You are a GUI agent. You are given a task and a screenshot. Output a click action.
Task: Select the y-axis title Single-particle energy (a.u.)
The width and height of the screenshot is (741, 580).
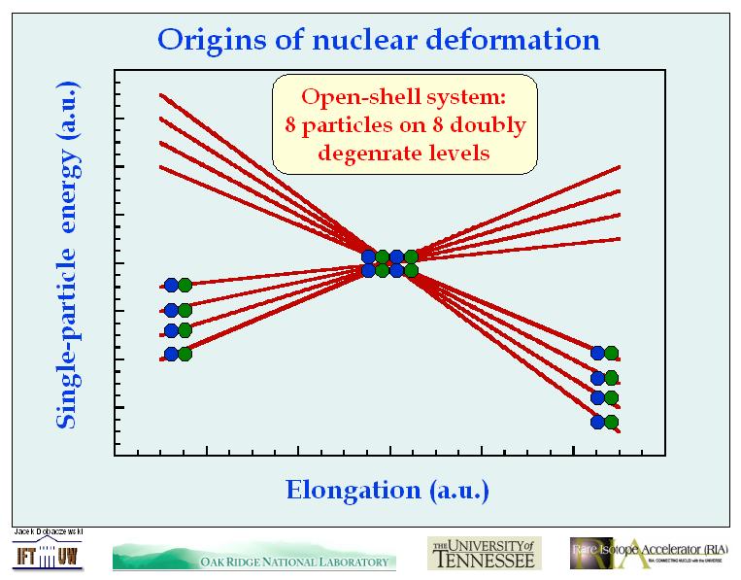(66, 255)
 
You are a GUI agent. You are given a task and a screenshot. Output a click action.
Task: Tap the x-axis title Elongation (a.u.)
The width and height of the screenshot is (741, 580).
(387, 489)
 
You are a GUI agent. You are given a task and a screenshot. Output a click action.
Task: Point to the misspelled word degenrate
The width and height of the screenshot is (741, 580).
(370, 152)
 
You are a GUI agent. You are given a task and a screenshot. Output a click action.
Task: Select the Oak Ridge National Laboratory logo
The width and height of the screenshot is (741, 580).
(254, 558)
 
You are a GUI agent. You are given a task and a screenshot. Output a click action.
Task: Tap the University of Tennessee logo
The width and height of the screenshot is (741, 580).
(484, 553)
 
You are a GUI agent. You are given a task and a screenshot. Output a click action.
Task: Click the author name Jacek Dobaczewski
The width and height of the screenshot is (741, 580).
(50, 532)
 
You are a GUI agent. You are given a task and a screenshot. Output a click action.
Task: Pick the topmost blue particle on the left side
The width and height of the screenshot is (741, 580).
(171, 285)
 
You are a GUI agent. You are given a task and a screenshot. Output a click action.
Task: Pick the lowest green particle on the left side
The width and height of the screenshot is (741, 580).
(185, 354)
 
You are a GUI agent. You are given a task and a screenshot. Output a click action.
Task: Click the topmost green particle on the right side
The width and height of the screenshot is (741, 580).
(612, 354)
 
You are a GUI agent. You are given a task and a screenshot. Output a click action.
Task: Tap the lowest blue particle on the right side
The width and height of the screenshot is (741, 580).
(597, 422)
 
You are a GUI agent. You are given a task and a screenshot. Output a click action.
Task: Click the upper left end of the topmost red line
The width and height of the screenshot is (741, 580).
(161, 94)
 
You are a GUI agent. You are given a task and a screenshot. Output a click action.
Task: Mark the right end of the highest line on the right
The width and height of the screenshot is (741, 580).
(619, 167)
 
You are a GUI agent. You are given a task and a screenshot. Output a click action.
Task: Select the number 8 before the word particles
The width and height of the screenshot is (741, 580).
(291, 124)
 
